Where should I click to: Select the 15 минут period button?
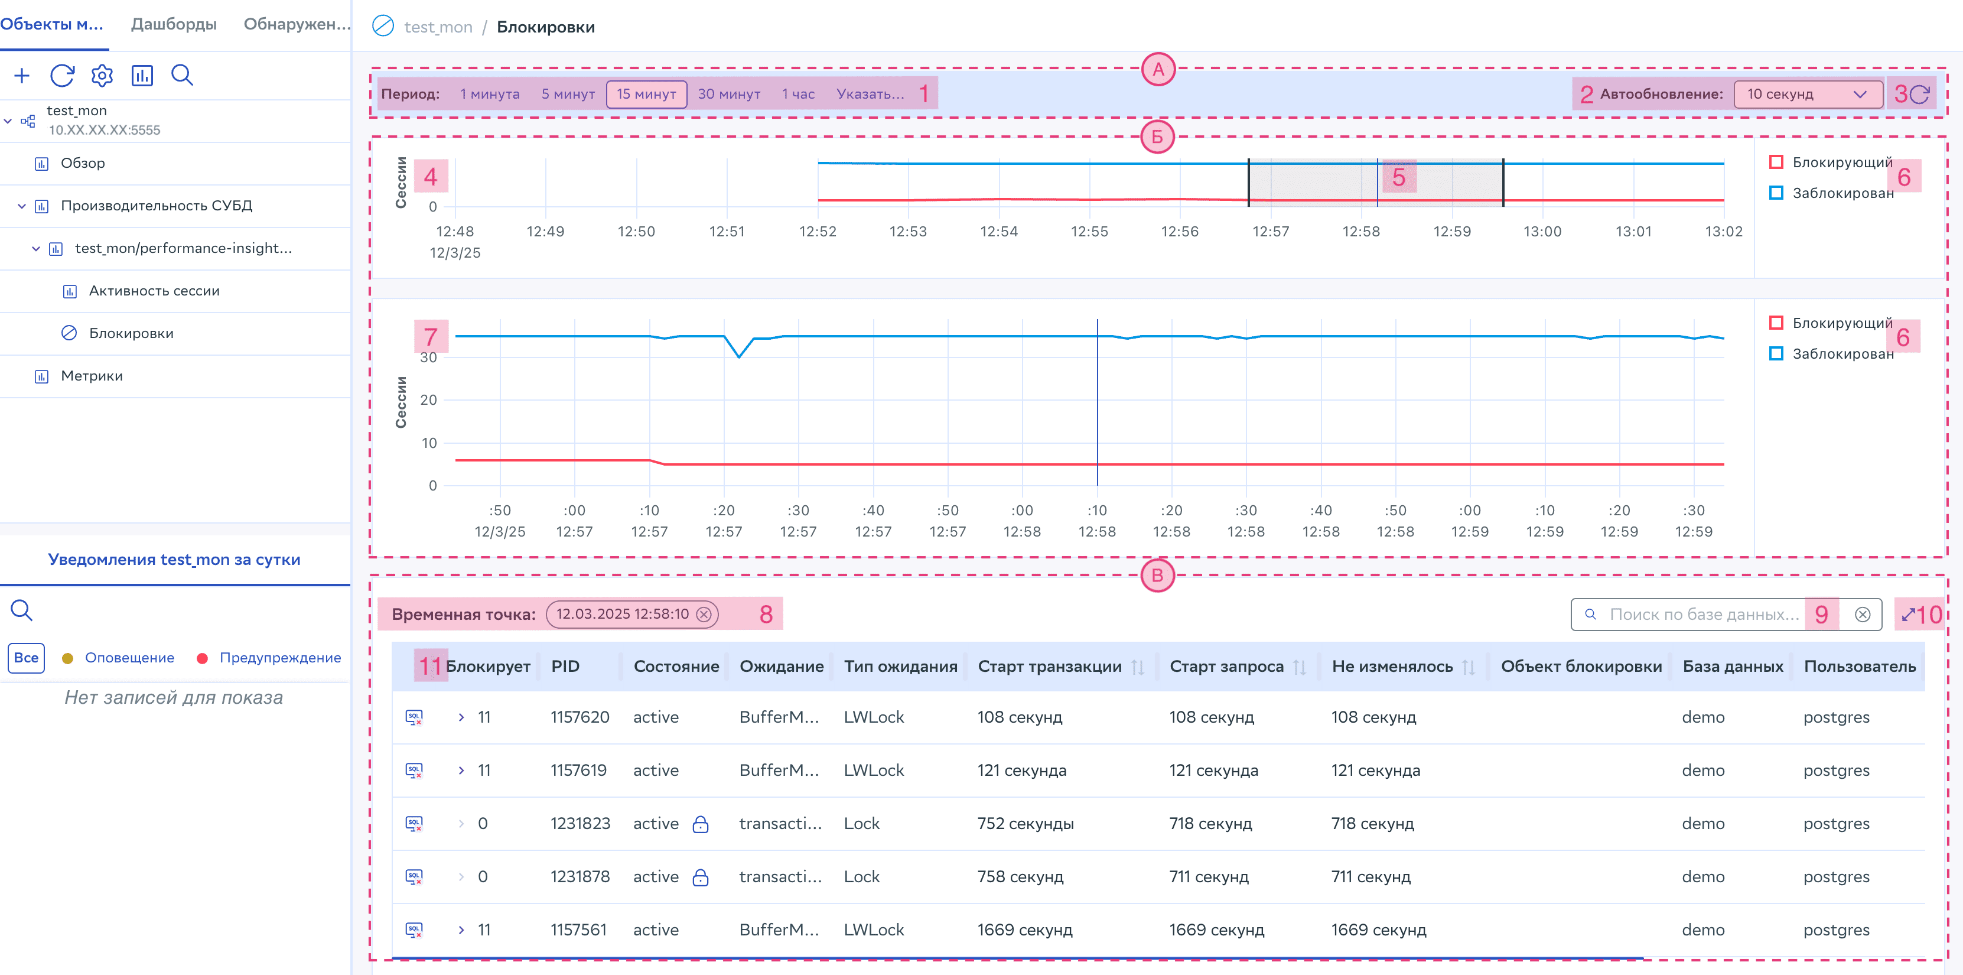(x=646, y=94)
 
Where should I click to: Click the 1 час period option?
(x=798, y=94)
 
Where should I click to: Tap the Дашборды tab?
(x=174, y=24)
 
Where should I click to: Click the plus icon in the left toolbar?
(x=22, y=76)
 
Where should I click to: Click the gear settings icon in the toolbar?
(x=102, y=76)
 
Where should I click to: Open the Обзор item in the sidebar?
(x=82, y=163)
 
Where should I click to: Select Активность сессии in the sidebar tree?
(x=154, y=291)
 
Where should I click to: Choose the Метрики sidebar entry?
(x=92, y=376)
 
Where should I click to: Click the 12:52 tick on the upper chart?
(x=818, y=231)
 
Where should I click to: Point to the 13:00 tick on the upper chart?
(x=1542, y=231)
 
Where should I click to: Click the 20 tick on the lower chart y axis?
(x=429, y=399)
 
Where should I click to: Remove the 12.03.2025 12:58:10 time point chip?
(x=704, y=615)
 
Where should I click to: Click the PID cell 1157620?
(x=580, y=717)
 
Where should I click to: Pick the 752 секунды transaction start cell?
(x=1026, y=823)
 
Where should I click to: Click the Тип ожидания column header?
(x=900, y=667)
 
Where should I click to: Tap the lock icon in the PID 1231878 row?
(x=700, y=877)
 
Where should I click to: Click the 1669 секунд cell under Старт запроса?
(x=1217, y=930)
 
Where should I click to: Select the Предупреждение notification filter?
(x=279, y=658)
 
